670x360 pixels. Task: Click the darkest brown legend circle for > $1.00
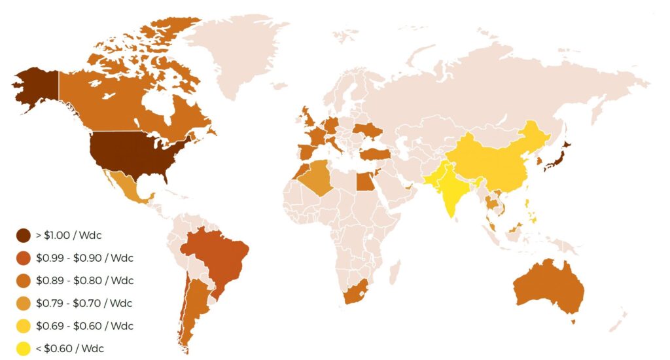(x=24, y=235)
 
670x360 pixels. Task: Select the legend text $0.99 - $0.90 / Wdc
(x=84, y=258)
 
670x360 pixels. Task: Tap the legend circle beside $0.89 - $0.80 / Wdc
(x=24, y=280)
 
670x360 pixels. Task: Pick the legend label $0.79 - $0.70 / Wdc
(x=84, y=303)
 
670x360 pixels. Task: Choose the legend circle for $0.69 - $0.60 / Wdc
(x=24, y=326)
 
